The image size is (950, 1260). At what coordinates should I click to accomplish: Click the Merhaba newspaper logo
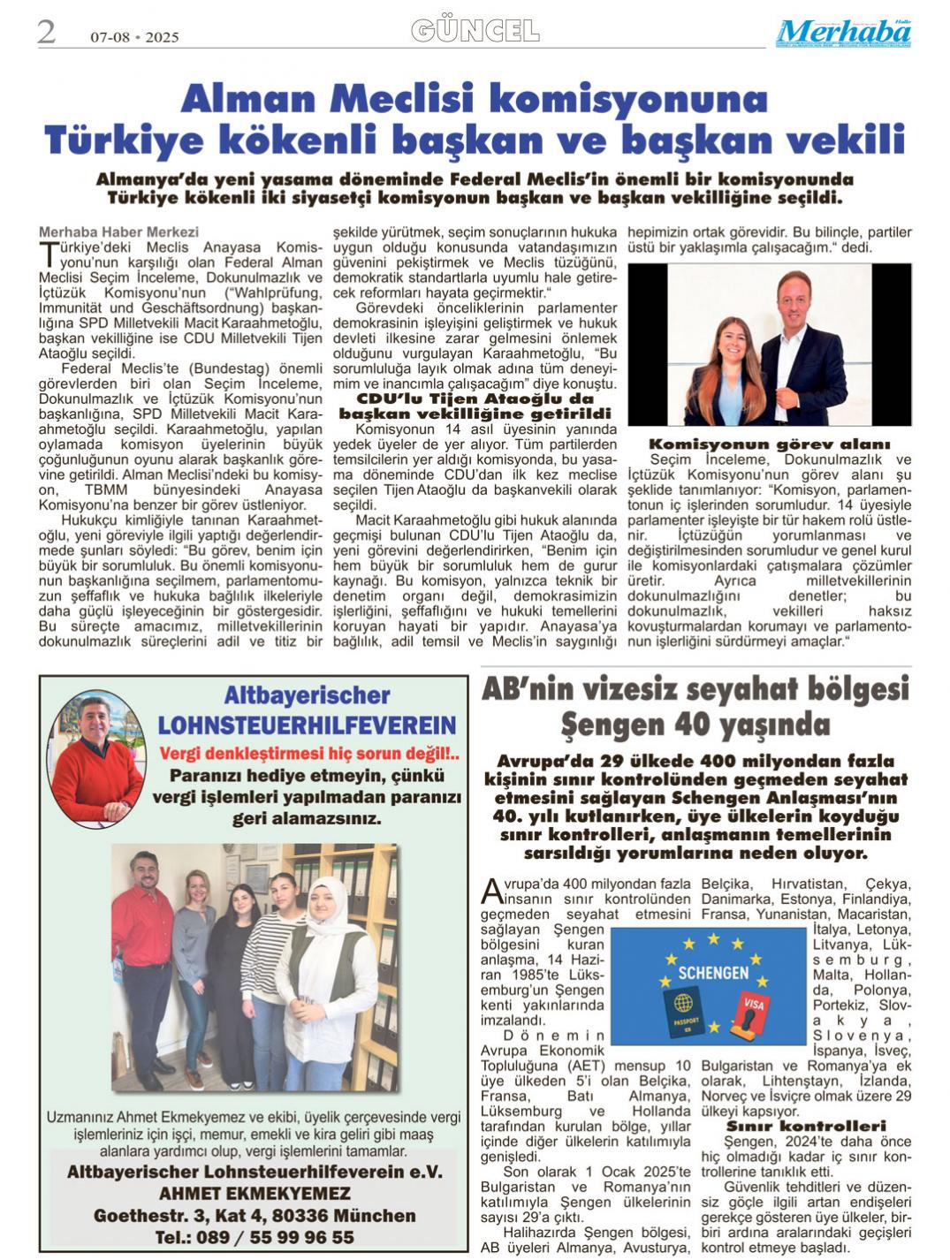[843, 33]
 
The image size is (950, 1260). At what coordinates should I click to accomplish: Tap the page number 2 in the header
[46, 32]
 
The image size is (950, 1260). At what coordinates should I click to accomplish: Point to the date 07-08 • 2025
[134, 37]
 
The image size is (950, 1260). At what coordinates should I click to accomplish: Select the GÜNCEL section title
[475, 31]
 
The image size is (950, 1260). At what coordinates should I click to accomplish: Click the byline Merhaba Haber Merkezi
[118, 232]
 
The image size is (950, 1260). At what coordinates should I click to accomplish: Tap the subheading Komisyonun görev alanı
[769, 444]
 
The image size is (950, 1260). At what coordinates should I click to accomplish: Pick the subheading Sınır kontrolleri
[805, 1126]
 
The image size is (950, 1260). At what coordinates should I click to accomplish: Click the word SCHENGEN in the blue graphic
[712, 972]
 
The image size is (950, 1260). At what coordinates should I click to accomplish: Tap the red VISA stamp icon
[750, 1013]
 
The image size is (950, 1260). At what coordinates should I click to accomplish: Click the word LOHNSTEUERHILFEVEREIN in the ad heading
[307, 725]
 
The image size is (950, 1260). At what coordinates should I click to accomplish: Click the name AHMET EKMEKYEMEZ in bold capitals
[254, 1194]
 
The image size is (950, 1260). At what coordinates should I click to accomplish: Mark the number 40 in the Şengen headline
[695, 725]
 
